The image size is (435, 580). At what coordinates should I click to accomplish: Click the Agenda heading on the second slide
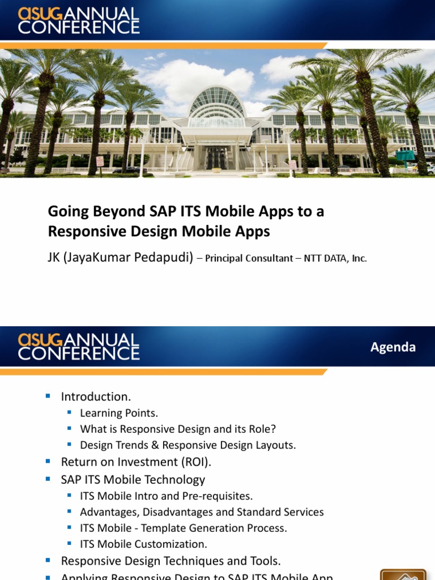393,347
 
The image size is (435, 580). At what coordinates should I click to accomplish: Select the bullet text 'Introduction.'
96,396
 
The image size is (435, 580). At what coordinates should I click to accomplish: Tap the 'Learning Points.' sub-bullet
119,413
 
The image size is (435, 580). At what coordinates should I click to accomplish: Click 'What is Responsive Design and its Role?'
178,429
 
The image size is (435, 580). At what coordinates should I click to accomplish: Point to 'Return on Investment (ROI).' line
136,462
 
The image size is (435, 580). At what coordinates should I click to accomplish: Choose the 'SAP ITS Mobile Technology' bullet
133,479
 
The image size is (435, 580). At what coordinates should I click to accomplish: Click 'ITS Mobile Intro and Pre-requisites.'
166,496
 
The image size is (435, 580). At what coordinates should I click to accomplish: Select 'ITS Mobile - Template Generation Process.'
183,528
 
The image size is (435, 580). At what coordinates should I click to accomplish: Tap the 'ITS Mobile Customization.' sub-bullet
143,544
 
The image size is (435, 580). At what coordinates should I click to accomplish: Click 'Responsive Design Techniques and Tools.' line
170,561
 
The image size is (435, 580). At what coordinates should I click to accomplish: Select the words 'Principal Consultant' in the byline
249,258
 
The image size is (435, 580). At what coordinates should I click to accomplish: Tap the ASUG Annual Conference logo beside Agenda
79,347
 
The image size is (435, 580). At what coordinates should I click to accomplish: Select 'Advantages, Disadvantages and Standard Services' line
202,511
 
